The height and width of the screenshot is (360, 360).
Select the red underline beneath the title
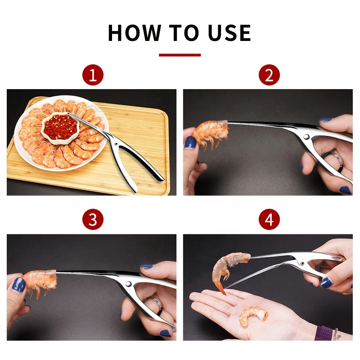pyautogui.click(x=180, y=55)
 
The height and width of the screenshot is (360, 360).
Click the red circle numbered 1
pyautogui.click(x=93, y=75)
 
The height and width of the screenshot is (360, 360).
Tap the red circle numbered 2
pyautogui.click(x=269, y=75)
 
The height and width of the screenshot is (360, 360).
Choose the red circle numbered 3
pyautogui.click(x=93, y=219)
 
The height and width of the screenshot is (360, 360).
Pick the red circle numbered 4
pyautogui.click(x=269, y=219)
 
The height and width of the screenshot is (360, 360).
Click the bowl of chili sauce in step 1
pyautogui.click(x=60, y=128)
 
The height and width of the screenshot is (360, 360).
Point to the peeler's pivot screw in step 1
pyautogui.click(x=116, y=144)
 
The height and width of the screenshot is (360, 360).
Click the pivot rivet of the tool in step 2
pyautogui.click(x=306, y=137)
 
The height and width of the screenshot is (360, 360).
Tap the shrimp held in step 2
pyautogui.click(x=211, y=134)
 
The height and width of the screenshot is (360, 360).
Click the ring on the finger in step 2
pyautogui.click(x=336, y=160)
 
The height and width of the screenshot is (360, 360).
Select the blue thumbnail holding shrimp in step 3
pyautogui.click(x=18, y=285)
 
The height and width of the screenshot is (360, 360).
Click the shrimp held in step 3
pyautogui.click(x=40, y=281)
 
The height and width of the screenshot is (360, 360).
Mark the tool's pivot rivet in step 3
pyautogui.click(x=128, y=284)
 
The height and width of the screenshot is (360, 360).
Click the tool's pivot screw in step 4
pyautogui.click(x=302, y=263)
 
